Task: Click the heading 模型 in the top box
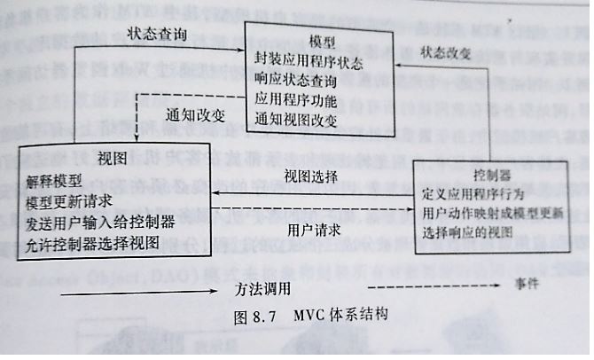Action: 320,42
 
